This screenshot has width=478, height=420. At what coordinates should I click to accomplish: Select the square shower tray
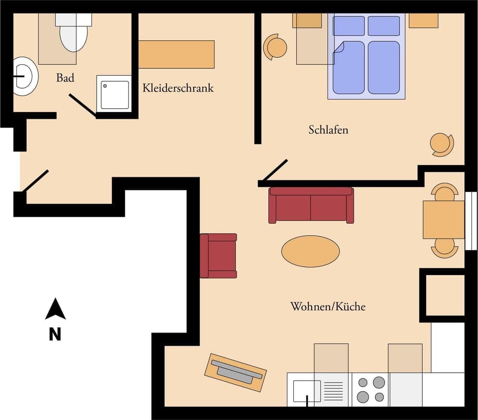tap(115, 95)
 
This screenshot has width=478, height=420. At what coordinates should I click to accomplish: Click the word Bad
tap(65, 78)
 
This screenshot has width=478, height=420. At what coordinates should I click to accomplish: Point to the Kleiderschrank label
tap(178, 88)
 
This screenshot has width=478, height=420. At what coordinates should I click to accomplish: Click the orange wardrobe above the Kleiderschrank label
tap(176, 54)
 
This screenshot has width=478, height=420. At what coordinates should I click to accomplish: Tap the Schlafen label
tap(328, 130)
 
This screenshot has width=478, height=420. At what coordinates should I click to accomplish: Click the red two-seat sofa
tap(311, 205)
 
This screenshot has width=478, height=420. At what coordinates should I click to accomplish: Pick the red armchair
tap(218, 256)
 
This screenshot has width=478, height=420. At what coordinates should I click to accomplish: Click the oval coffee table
tap(310, 251)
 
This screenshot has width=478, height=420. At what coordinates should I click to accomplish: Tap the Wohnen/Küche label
tap(328, 306)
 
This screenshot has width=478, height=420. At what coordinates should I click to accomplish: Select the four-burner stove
tap(371, 390)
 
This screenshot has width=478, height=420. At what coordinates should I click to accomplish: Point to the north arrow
tap(55, 309)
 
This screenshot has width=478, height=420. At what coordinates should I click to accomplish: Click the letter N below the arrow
tap(55, 334)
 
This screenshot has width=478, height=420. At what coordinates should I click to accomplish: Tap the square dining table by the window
tap(443, 220)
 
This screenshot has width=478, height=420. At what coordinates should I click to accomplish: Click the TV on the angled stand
tap(236, 372)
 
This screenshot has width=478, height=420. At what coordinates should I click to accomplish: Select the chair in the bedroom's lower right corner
tap(441, 144)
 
